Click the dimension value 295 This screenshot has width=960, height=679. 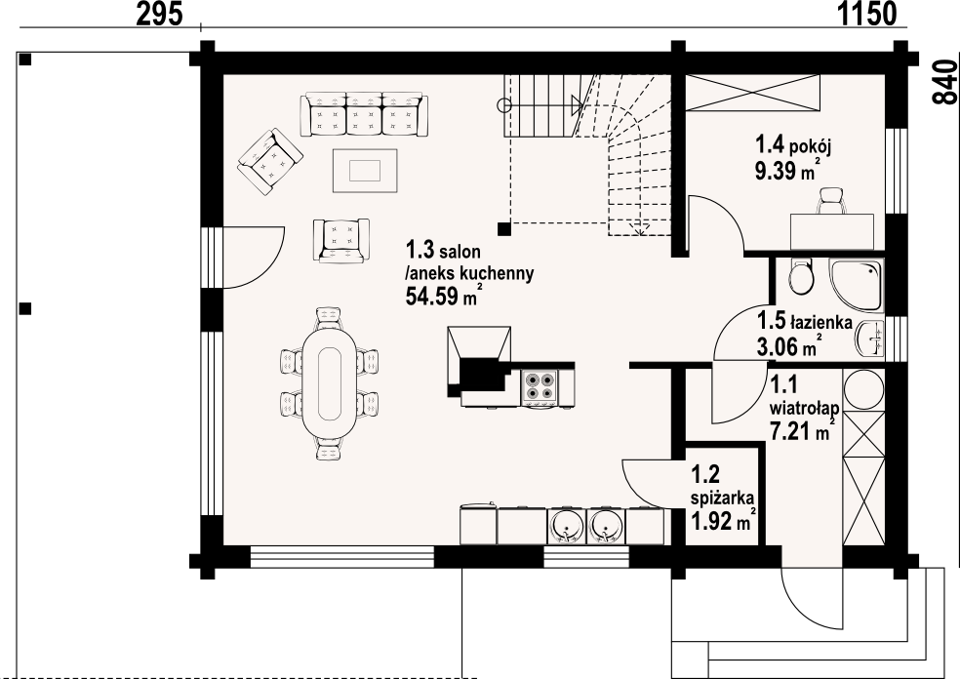[159, 14]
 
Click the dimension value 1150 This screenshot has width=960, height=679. [866, 14]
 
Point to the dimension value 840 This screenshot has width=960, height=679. [944, 83]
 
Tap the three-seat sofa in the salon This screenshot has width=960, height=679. [363, 114]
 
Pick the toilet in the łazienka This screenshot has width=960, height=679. [801, 276]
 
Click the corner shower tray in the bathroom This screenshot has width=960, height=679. [856, 285]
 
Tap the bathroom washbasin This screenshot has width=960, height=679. [870, 338]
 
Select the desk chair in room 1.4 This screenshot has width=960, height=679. [831, 201]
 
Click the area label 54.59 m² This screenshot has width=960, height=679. [441, 296]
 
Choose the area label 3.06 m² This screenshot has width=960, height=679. [788, 347]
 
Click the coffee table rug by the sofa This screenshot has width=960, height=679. [365, 170]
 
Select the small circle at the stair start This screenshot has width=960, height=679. [503, 104]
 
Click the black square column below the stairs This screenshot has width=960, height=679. [503, 229]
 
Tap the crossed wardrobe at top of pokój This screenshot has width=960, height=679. [752, 93]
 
